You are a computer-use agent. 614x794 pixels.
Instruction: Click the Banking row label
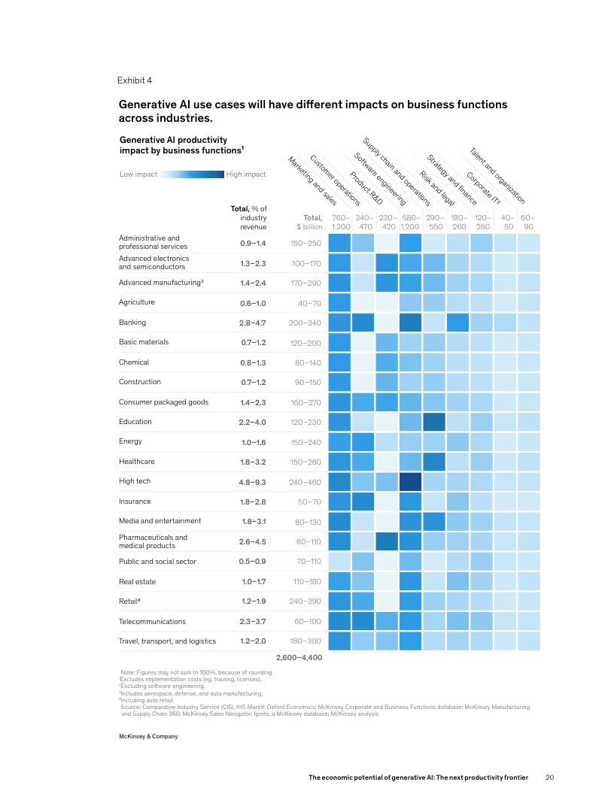pyautogui.click(x=132, y=323)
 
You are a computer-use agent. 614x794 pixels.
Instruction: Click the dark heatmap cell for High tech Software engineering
pyautogui.click(x=410, y=481)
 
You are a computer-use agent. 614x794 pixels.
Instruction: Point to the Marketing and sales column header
pyautogui.click(x=312, y=181)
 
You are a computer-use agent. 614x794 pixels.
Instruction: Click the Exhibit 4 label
pyautogui.click(x=135, y=80)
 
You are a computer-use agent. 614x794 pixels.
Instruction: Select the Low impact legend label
pyautogui.click(x=138, y=174)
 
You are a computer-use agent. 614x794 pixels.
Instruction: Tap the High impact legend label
pyautogui.click(x=246, y=174)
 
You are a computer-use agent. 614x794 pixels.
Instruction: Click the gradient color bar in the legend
pyautogui.click(x=192, y=174)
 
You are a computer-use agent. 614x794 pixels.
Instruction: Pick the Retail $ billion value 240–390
pyautogui.click(x=305, y=602)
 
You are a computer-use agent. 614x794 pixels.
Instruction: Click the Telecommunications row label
pyautogui.click(x=152, y=622)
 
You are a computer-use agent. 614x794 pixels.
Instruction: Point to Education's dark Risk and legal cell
pyautogui.click(x=433, y=422)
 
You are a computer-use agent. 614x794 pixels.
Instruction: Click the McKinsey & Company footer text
pyautogui.click(x=147, y=736)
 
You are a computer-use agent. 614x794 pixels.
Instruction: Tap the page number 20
pyautogui.click(x=549, y=777)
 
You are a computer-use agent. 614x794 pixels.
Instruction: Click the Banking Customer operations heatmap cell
pyautogui.click(x=363, y=323)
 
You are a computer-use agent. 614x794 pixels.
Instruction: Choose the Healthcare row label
pyautogui.click(x=136, y=462)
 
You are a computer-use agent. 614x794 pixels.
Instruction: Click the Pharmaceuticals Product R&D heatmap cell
pyautogui.click(x=387, y=541)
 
